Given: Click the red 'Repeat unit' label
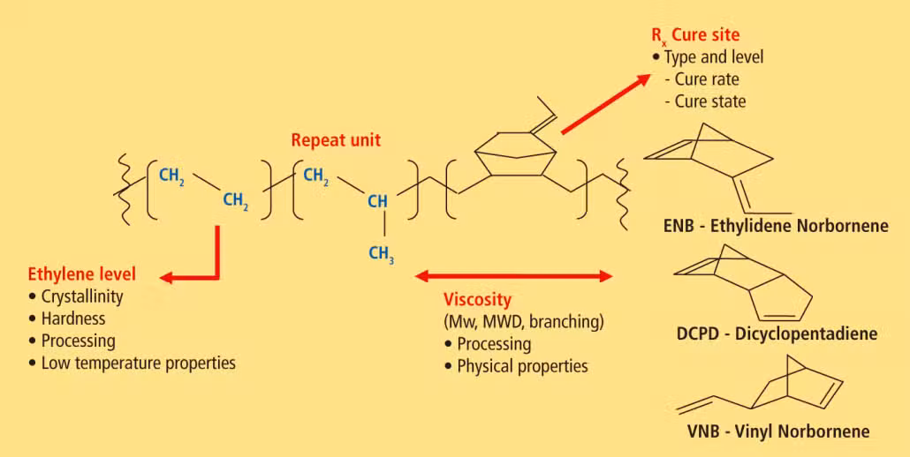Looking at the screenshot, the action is [x=336, y=141].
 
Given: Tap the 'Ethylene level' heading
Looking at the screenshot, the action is [x=82, y=273].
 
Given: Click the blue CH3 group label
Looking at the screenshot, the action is [x=383, y=253].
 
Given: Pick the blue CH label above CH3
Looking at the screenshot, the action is [x=378, y=202].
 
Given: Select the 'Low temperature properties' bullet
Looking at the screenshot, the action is [x=132, y=363].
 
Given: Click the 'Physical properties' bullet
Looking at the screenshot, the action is [x=516, y=366].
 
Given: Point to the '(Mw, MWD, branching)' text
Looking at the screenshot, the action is [x=524, y=322].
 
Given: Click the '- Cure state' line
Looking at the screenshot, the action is [x=704, y=101].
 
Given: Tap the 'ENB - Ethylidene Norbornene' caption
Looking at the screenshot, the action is [x=776, y=225].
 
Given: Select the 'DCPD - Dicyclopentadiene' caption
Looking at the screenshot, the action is [x=777, y=334].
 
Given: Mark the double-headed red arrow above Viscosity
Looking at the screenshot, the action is [x=514, y=276].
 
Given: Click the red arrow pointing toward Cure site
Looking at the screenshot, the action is [x=606, y=104].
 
